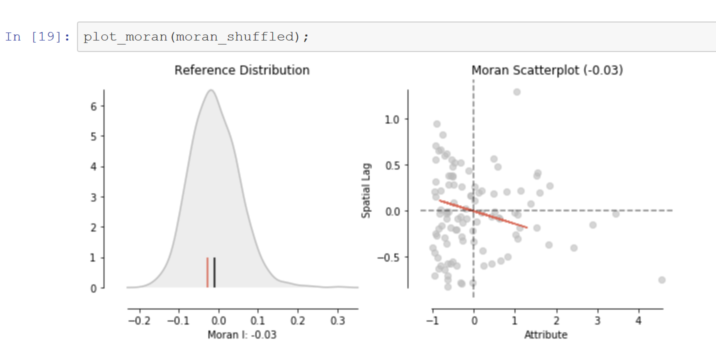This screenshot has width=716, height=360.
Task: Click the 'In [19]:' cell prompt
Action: pyautogui.click(x=37, y=37)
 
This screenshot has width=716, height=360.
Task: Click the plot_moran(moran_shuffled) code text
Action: pyautogui.click(x=195, y=37)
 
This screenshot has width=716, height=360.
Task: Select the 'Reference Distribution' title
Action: pyautogui.click(x=242, y=70)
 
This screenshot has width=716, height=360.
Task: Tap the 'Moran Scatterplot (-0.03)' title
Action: pyautogui.click(x=547, y=70)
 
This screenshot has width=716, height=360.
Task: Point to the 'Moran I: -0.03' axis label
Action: pyautogui.click(x=242, y=334)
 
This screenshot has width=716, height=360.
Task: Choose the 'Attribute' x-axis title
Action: pyautogui.click(x=545, y=334)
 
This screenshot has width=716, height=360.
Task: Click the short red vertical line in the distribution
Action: pyautogui.click(x=207, y=272)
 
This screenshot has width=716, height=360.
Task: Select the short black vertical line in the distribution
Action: pyautogui.click(x=214, y=272)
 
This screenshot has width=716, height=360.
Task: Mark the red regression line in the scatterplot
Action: pyautogui.click(x=483, y=214)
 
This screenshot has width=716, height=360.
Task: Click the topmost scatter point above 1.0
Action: pyautogui.click(x=517, y=92)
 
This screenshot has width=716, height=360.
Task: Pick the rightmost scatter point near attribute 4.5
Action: pyautogui.click(x=661, y=280)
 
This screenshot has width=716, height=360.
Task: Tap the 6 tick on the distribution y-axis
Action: pyautogui.click(x=93, y=106)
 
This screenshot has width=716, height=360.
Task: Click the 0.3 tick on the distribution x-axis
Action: pyautogui.click(x=337, y=320)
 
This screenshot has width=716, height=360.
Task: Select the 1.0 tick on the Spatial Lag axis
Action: pyautogui.click(x=393, y=119)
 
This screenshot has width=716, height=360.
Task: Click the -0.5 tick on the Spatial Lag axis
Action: pyautogui.click(x=390, y=257)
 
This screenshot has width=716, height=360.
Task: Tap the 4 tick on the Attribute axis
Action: pyautogui.click(x=638, y=320)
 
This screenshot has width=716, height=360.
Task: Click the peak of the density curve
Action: pyautogui.click(x=211, y=90)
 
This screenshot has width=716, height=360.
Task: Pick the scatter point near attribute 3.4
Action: pyautogui.click(x=615, y=214)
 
